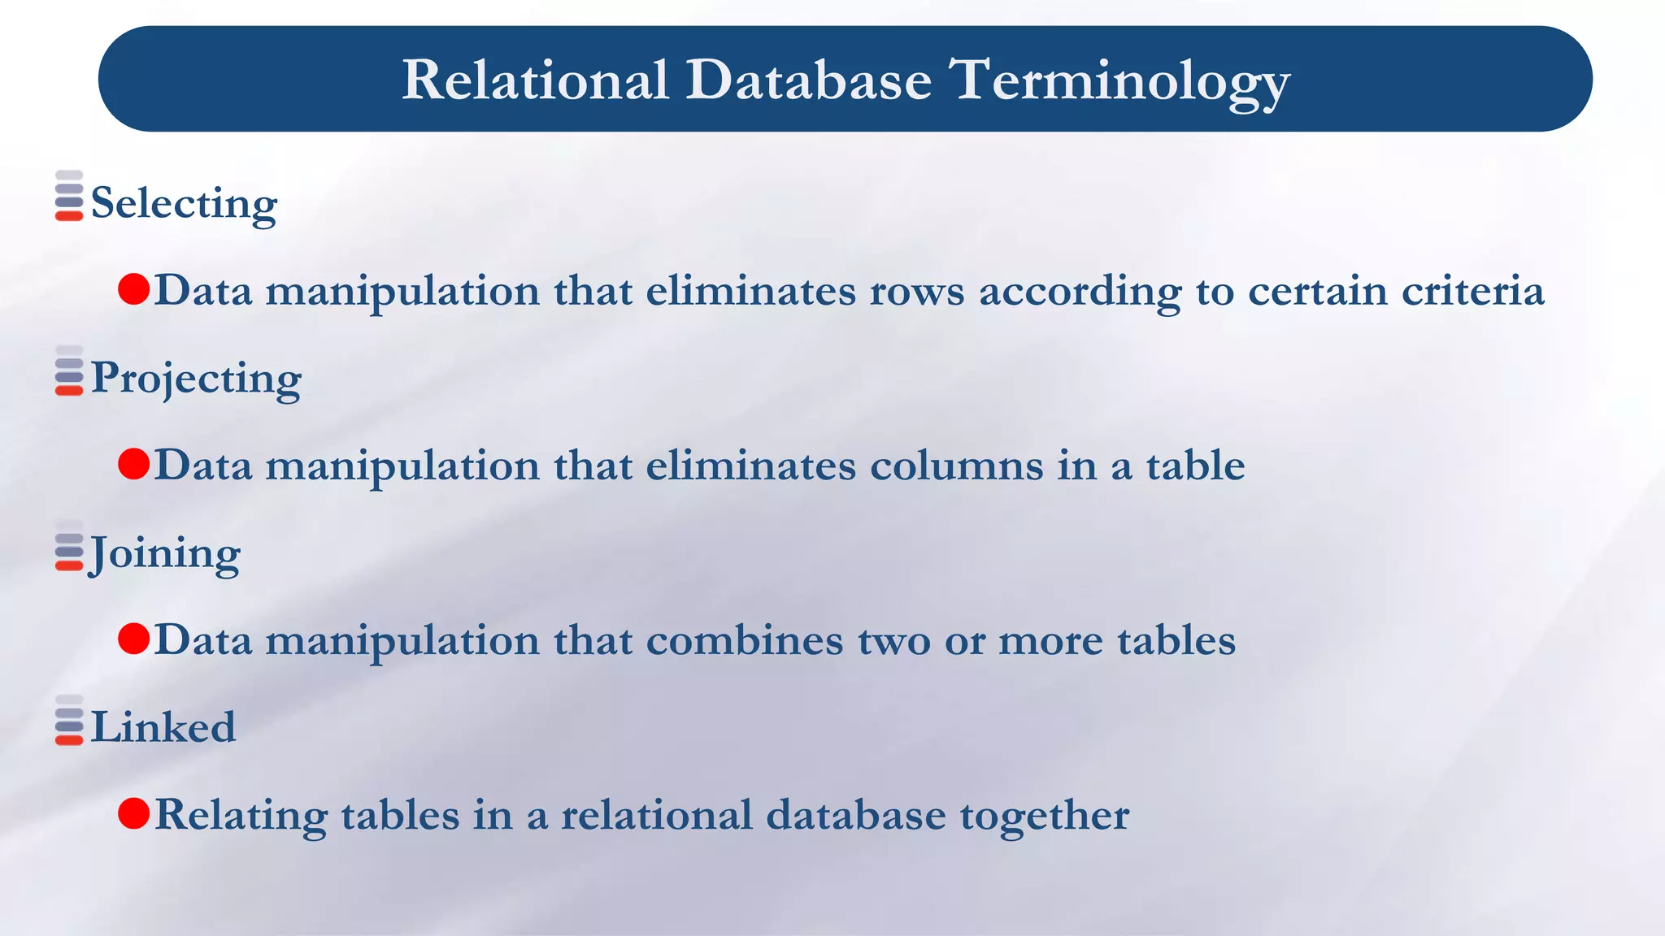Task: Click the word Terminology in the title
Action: tap(1120, 81)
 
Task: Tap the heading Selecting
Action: tap(184, 202)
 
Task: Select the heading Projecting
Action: tap(196, 378)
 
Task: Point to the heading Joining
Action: tap(165, 553)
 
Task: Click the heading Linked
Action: tap(163, 727)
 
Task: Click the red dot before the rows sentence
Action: tap(134, 289)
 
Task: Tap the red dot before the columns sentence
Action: tap(134, 464)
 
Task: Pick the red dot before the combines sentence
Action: tap(134, 639)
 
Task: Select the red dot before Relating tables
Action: tap(134, 813)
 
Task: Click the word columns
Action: tap(956, 466)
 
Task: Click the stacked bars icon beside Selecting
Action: tap(69, 196)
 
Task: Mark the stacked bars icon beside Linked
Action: tap(69, 720)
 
